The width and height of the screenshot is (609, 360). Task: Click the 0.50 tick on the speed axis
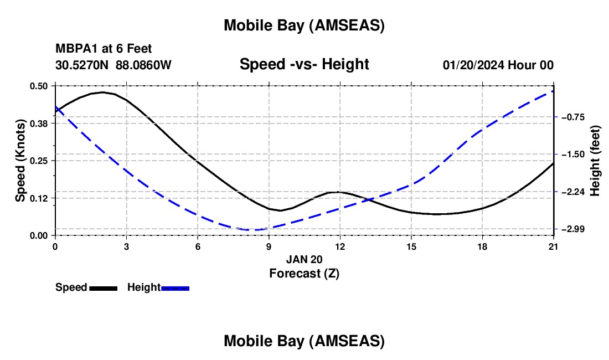click(39, 86)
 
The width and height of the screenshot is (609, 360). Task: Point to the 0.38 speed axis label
click(39, 123)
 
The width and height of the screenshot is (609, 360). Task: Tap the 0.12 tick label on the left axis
click(39, 198)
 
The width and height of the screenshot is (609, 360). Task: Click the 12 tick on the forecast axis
click(340, 246)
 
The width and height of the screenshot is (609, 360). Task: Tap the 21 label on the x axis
click(554, 246)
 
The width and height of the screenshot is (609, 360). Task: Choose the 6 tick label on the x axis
click(198, 246)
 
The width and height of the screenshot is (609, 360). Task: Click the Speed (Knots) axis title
click(20, 161)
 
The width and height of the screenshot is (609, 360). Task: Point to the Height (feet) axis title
click(595, 160)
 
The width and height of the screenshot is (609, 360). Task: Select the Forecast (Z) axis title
click(304, 273)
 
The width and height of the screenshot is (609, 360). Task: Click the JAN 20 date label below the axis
click(304, 259)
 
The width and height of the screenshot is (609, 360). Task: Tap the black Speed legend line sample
click(104, 288)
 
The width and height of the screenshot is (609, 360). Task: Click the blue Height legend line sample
click(176, 288)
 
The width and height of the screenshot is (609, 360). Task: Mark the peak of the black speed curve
click(103, 92)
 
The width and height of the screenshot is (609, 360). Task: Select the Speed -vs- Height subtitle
click(304, 64)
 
